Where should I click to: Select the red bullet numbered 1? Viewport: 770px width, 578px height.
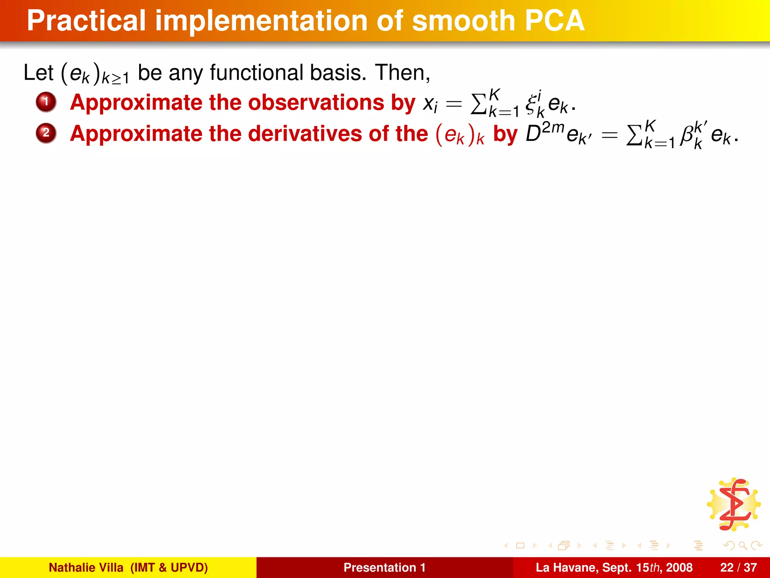tap(46, 102)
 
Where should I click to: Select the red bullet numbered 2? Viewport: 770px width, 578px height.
tap(46, 133)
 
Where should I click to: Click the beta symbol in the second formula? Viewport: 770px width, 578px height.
tap(687, 135)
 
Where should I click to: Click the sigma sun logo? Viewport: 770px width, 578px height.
tap(734, 504)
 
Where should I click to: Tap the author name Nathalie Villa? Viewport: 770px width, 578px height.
tap(86, 567)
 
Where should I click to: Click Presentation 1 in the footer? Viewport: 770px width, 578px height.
tap(384, 567)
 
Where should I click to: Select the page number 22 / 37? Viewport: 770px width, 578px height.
tap(738, 567)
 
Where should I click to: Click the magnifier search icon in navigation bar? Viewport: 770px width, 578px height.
tap(742, 545)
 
